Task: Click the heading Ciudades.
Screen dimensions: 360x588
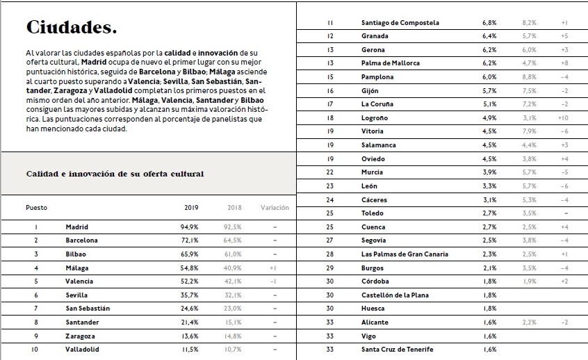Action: (x=71, y=28)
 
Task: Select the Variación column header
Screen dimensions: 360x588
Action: (x=275, y=208)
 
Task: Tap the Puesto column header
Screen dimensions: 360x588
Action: (x=37, y=208)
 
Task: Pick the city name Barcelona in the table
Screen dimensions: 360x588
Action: (x=82, y=240)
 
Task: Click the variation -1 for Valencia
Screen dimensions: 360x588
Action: (x=274, y=281)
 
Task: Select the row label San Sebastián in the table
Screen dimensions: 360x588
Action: (x=88, y=309)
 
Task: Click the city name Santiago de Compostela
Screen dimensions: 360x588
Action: (x=400, y=23)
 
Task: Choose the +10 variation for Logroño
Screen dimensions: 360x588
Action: (x=564, y=118)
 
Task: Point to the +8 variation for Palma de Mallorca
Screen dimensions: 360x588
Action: (x=564, y=63)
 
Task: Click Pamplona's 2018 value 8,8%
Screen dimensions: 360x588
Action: (x=530, y=77)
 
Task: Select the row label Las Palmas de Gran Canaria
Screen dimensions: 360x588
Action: (x=405, y=254)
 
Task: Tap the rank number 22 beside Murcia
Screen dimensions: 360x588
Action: (x=330, y=172)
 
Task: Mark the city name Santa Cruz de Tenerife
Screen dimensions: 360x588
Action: (x=398, y=350)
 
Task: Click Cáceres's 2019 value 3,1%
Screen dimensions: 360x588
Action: (x=489, y=200)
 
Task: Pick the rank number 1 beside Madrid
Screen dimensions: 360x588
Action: (x=36, y=227)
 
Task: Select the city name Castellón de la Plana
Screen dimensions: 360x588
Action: (x=395, y=295)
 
